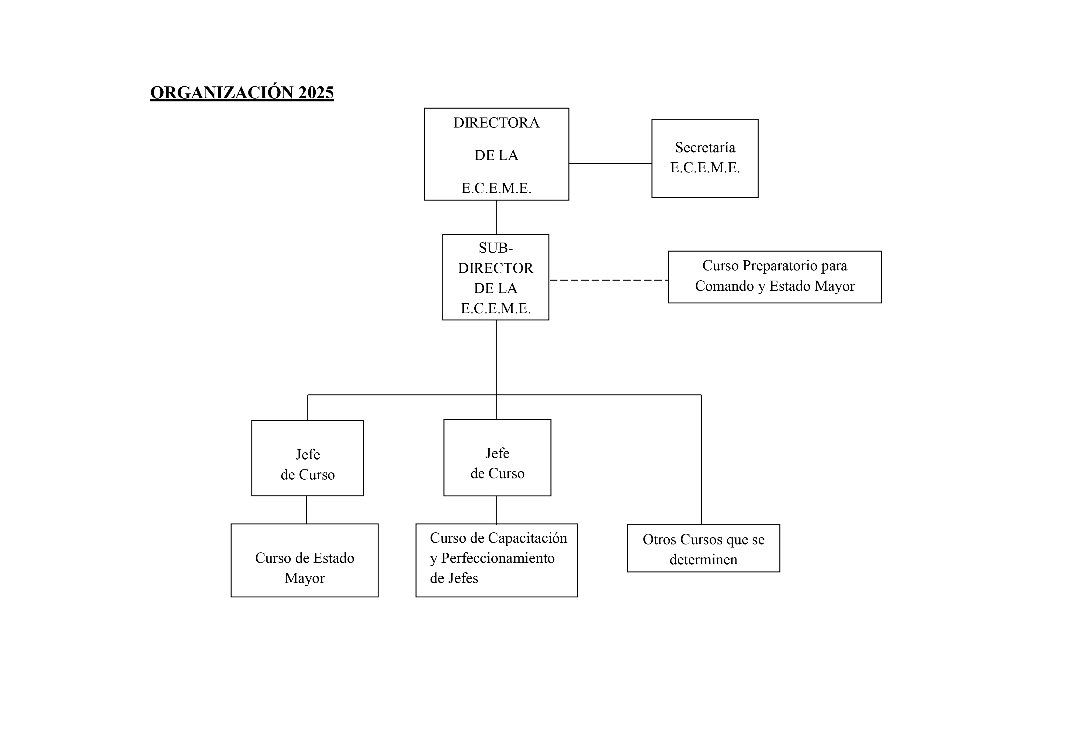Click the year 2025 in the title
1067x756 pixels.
pos(316,93)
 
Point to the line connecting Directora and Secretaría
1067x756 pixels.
pos(610,163)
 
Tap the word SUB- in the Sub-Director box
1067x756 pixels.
pos(496,248)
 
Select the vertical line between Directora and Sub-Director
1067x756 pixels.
pos(496,217)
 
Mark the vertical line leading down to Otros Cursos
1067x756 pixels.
pos(701,460)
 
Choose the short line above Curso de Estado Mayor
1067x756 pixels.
pos(307,510)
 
